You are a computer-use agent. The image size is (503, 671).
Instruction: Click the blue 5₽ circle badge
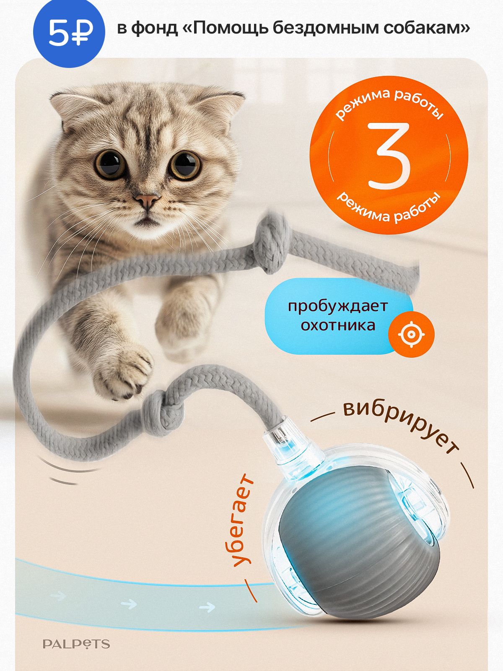tap(69, 31)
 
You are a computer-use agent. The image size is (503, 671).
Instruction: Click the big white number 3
tap(389, 155)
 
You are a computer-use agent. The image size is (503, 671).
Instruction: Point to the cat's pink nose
tap(147, 200)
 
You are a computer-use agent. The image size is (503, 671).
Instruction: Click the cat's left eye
tap(110, 164)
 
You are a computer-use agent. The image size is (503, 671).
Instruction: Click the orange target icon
tap(411, 334)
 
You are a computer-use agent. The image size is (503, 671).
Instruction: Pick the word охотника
tap(338, 325)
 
